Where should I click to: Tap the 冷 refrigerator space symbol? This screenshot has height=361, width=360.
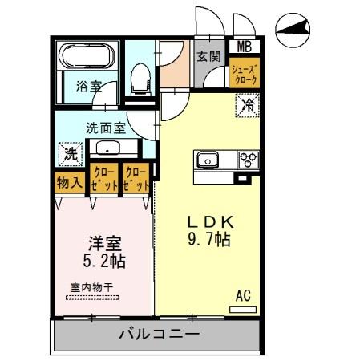(x=247, y=103)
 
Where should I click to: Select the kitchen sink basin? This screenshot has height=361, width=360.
(x=208, y=160)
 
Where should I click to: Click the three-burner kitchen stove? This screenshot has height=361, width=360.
(x=246, y=160)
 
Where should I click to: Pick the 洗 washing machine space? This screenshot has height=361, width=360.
(x=70, y=152)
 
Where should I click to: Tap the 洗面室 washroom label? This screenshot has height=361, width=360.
(x=107, y=127)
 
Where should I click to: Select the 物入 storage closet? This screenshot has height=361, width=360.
(x=70, y=181)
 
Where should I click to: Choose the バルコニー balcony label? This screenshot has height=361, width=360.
(x=160, y=335)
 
